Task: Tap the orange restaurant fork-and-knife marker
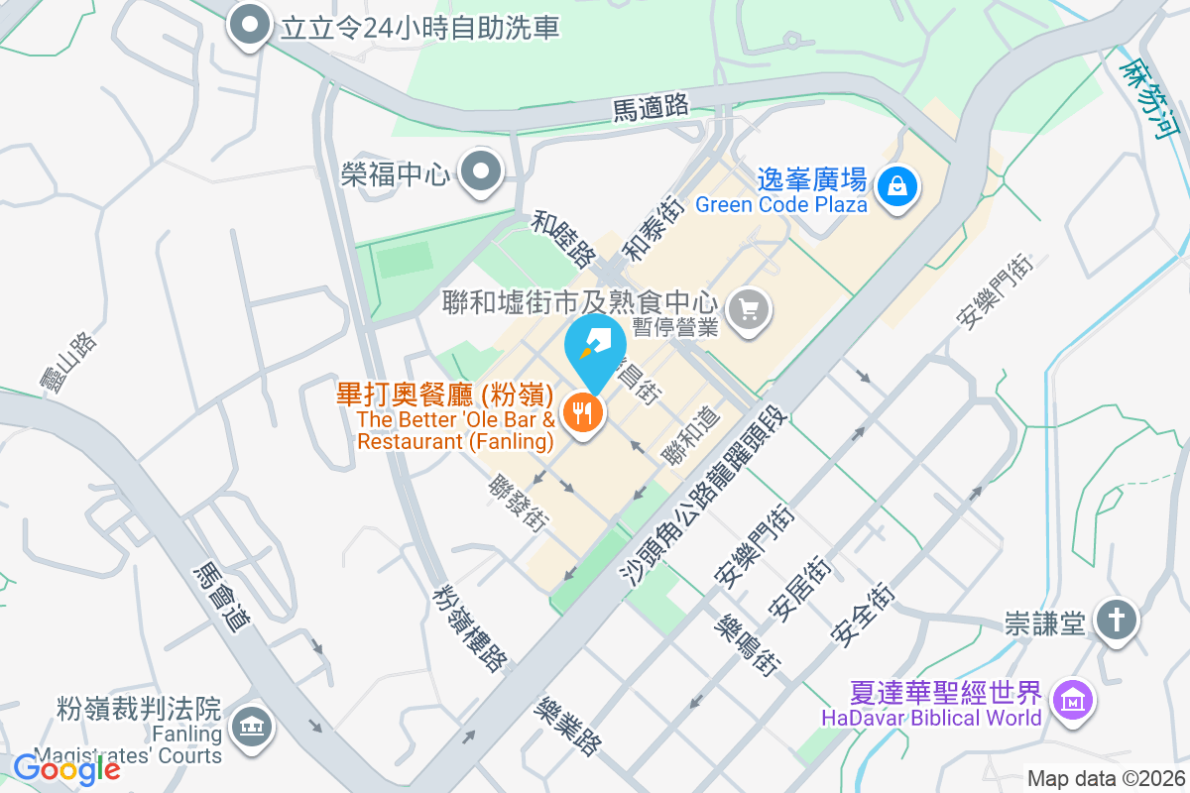click(583, 411)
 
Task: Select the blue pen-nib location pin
click(595, 349)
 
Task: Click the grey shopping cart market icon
click(749, 311)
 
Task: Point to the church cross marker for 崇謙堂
click(1117, 621)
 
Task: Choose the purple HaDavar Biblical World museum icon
click(1073, 702)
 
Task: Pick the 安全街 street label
click(864, 615)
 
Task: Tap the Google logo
click(66, 767)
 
